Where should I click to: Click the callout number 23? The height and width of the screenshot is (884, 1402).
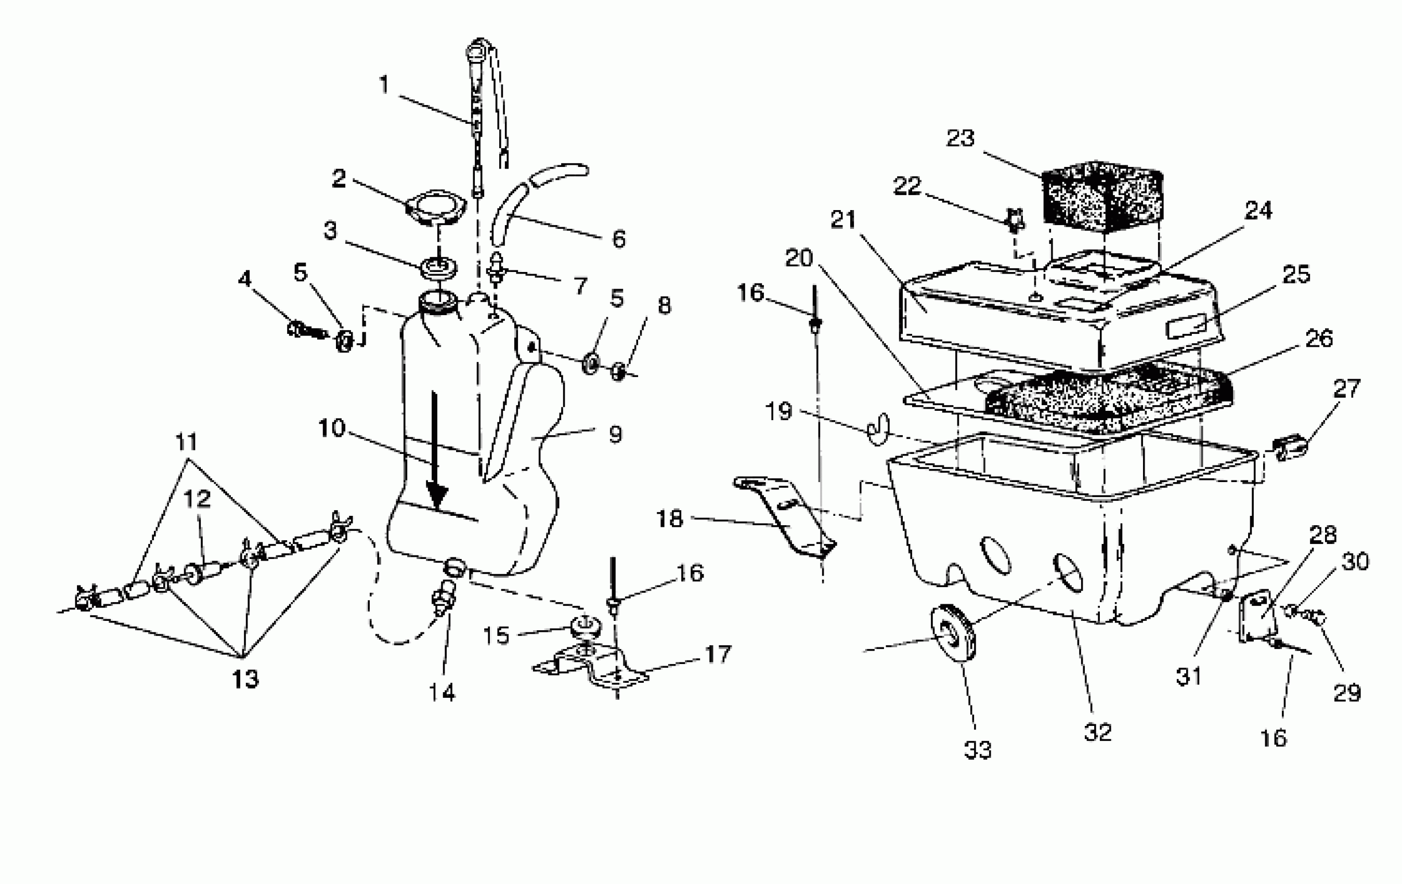click(x=960, y=139)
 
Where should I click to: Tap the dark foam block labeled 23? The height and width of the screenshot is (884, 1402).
click(x=1101, y=197)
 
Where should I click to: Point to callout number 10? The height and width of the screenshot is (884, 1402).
click(x=332, y=428)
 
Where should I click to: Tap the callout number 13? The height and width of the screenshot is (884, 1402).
click(x=245, y=679)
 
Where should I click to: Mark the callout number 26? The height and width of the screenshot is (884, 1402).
click(x=1319, y=339)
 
